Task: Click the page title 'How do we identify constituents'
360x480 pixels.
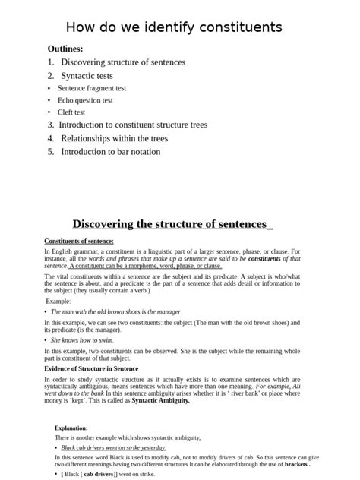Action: pos(174,27)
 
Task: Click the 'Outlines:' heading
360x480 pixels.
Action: pos(65,49)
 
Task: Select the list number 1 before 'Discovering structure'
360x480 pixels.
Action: pos(50,62)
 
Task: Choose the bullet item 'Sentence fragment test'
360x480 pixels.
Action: pos(92,88)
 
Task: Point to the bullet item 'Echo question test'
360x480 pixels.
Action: pos(85,100)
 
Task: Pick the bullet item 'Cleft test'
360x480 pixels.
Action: pos(71,112)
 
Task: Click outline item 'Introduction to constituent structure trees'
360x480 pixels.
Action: pos(133,125)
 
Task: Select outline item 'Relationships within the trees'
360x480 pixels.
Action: pos(114,138)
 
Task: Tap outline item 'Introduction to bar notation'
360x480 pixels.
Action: pos(110,151)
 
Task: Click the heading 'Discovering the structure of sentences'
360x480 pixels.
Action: pos(172,224)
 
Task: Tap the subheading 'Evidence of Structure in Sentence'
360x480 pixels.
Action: pos(91,368)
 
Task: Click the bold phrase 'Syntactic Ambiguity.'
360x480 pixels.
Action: pos(161,399)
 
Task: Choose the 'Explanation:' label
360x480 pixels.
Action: pos(71,428)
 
